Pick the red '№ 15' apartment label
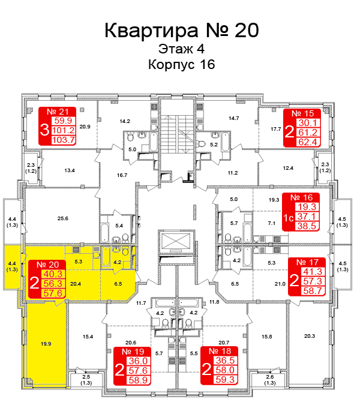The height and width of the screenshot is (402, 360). click(x=302, y=113)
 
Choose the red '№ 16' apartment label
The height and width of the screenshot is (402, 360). click(x=302, y=197)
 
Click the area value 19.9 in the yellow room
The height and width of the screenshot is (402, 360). click(x=46, y=344)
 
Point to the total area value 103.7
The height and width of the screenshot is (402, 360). click(x=64, y=140)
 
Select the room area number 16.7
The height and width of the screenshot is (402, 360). click(x=122, y=175)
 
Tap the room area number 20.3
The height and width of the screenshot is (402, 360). click(x=310, y=336)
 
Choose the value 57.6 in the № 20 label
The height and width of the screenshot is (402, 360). click(x=52, y=293)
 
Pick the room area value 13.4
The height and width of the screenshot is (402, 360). click(x=70, y=170)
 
